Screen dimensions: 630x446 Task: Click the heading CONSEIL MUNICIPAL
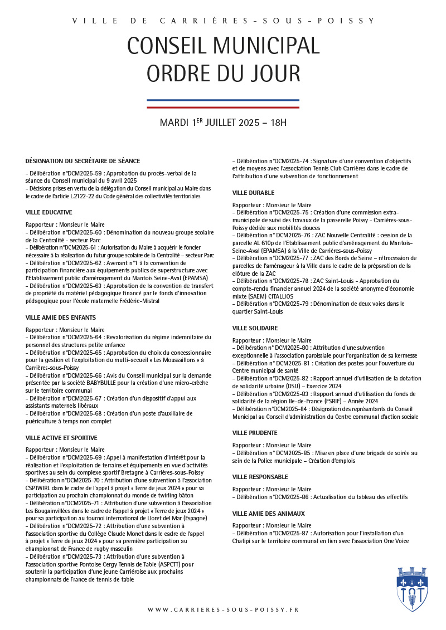coord(223,45)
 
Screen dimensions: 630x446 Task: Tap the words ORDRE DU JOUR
coord(223,73)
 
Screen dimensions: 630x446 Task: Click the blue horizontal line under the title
coord(223,100)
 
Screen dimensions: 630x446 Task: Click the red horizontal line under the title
coord(223,107)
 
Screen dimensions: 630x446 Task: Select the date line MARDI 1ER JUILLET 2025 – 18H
coord(223,122)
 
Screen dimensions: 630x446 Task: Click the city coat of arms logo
coord(413,589)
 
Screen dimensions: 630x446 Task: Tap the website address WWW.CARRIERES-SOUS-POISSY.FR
coord(223,610)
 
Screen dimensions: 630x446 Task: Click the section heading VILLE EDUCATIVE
coord(49,212)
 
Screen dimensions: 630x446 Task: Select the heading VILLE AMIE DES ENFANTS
coord(61,318)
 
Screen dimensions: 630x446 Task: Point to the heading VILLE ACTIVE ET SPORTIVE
coord(61,438)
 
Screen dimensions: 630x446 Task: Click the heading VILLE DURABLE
coord(253,193)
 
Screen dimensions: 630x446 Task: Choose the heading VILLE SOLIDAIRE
coord(255,328)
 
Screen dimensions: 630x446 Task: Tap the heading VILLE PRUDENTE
coord(255,433)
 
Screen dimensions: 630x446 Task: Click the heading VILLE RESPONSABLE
coord(260,477)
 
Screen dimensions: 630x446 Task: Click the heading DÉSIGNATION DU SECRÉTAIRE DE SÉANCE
coord(83,161)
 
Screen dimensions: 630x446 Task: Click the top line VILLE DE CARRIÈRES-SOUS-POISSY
coord(223,21)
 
